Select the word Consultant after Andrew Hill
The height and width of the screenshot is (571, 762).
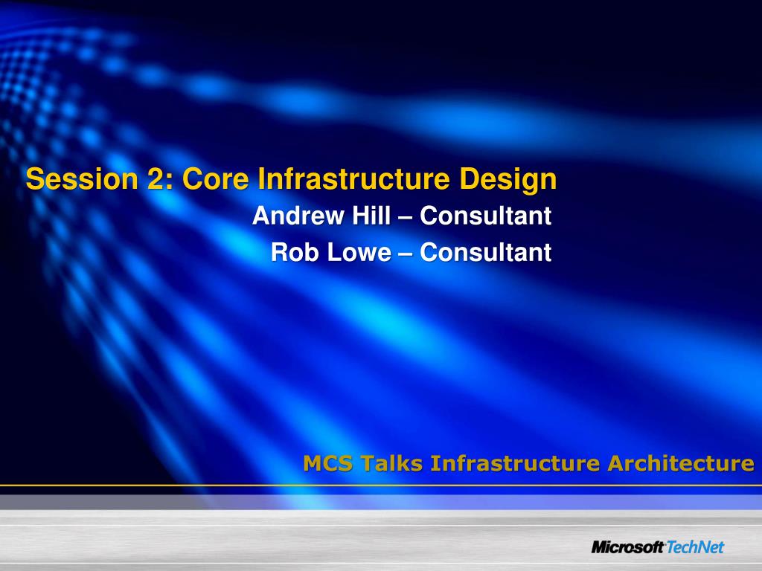(485, 216)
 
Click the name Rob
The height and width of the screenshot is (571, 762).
(291, 253)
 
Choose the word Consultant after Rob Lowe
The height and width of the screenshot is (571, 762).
(485, 253)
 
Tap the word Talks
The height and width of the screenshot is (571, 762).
(392, 464)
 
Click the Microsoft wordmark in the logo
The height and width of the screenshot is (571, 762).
(627, 547)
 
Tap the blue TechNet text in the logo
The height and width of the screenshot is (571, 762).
(696, 547)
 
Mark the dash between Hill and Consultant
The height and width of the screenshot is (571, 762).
(405, 217)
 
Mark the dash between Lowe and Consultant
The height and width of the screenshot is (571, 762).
(405, 254)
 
